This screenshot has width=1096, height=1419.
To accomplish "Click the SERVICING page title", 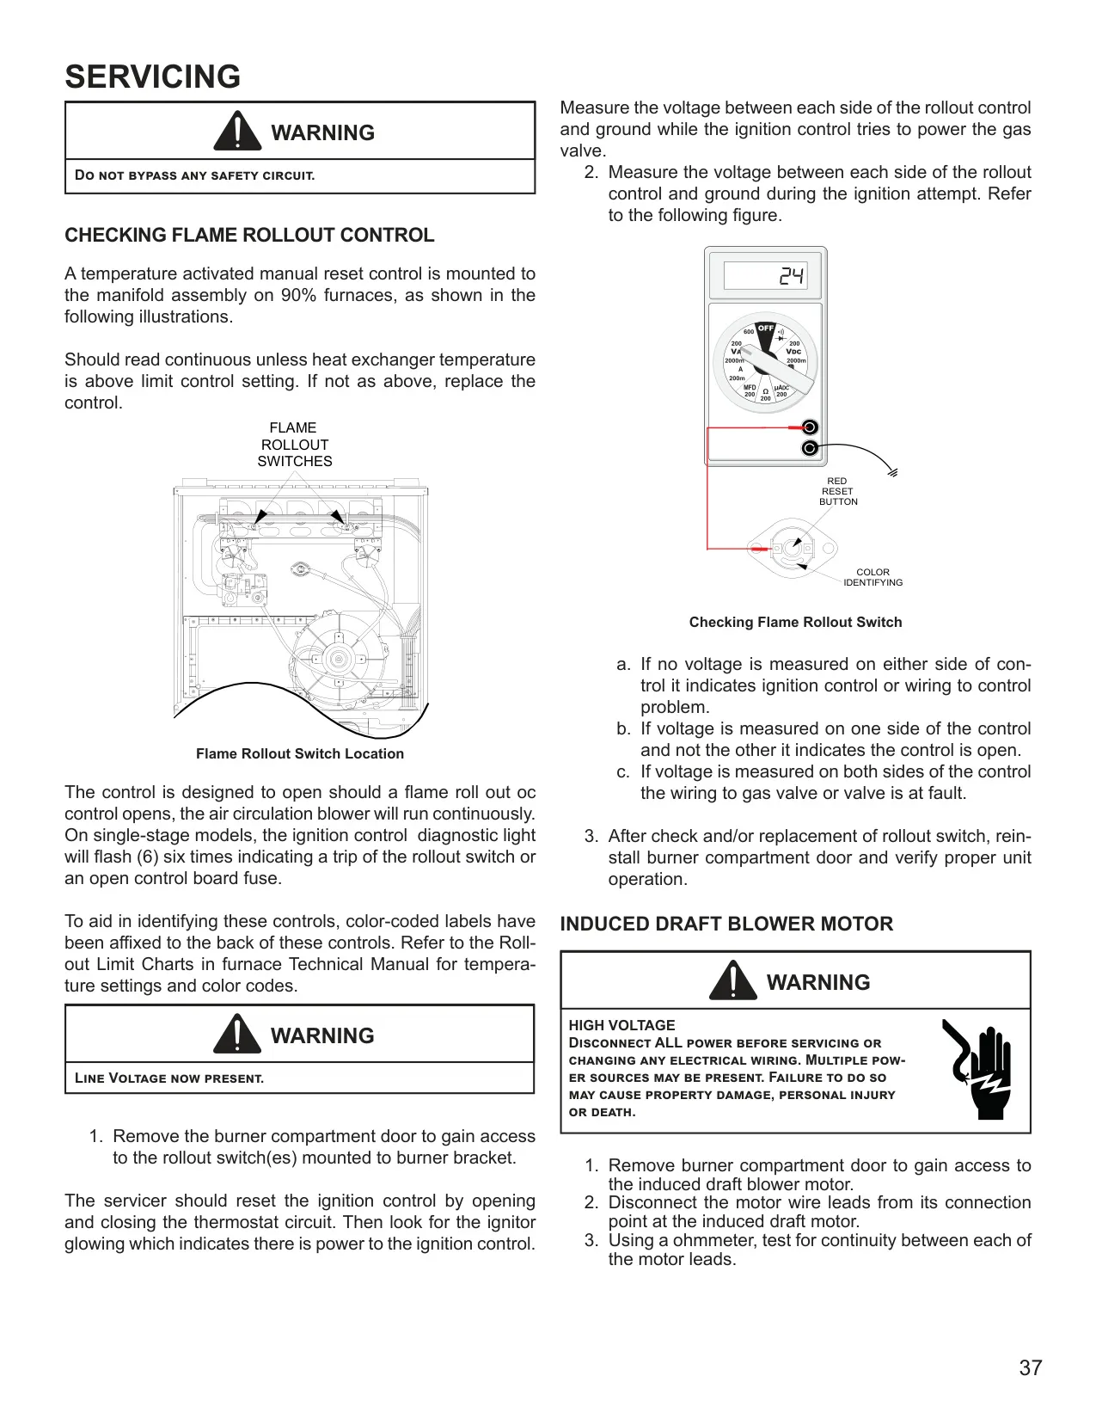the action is click(153, 77).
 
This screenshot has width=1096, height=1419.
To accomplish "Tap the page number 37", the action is click(1031, 1367).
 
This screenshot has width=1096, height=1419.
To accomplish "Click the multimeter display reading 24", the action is click(791, 276).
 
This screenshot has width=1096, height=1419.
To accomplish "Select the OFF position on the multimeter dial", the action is click(765, 329).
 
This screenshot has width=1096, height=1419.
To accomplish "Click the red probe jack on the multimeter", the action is click(810, 427).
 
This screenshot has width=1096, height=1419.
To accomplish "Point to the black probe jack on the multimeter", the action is click(810, 448).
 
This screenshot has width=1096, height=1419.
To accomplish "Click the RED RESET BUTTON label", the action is click(838, 491).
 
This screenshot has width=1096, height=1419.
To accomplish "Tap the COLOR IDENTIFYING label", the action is click(873, 577).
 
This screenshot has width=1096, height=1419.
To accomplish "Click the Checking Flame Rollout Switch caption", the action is click(795, 623).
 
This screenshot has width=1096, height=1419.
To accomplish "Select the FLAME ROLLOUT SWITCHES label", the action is click(294, 445).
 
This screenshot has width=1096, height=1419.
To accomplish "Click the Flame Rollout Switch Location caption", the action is click(300, 753).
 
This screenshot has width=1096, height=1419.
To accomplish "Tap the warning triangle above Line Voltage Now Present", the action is click(237, 1034).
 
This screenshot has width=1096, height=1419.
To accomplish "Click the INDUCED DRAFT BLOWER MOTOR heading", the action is click(726, 924).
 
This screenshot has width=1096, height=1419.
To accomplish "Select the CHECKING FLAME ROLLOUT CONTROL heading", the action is click(249, 235).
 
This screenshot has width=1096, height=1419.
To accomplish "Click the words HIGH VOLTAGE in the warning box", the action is click(621, 1025).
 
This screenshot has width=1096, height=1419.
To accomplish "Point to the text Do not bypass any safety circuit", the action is click(194, 175).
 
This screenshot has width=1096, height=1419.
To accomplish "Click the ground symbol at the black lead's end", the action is click(892, 472).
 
